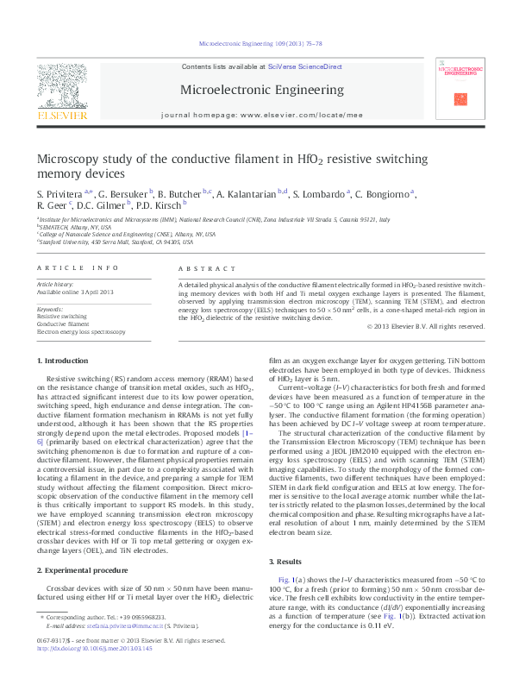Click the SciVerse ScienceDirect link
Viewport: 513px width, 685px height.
click(x=304, y=66)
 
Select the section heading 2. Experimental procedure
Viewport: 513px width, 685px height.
click(x=84, y=571)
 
